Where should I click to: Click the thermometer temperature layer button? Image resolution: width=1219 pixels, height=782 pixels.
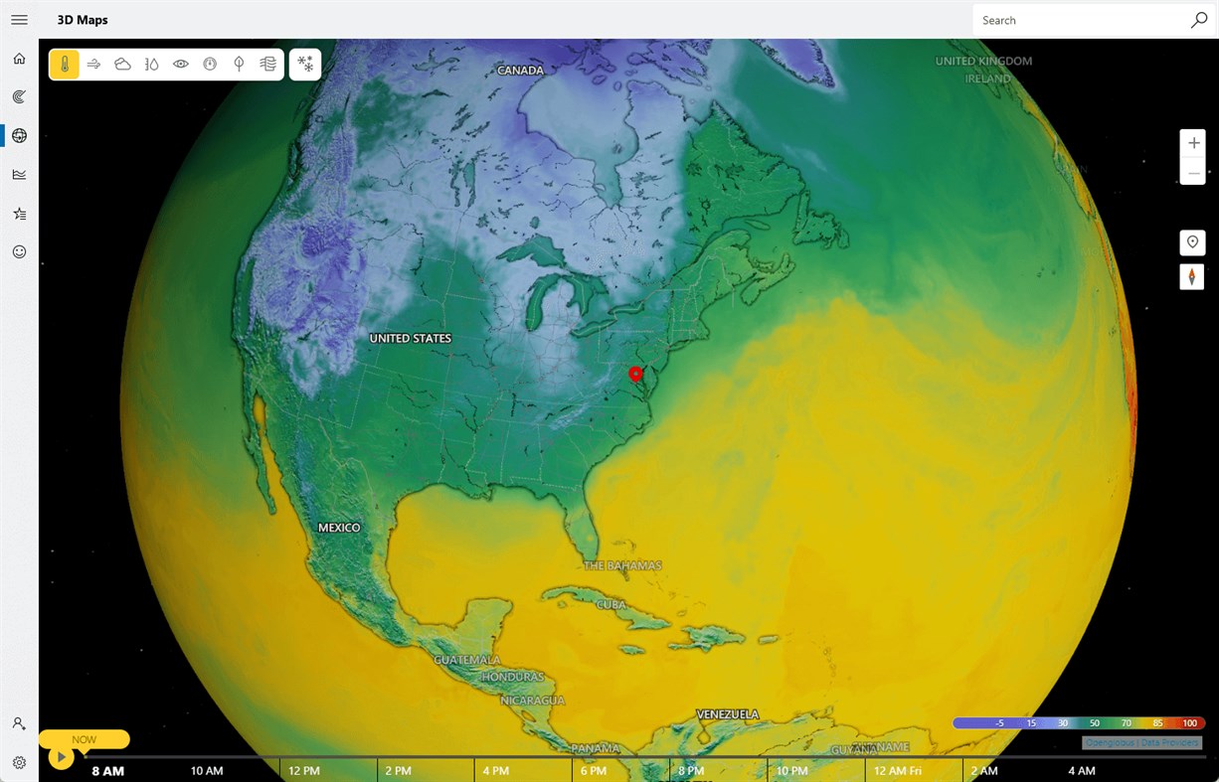[65, 65]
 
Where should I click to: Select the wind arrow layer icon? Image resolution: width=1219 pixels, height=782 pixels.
[93, 65]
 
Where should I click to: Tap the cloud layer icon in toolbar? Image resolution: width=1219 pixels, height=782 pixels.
[122, 65]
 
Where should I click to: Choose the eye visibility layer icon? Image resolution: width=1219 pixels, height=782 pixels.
[181, 65]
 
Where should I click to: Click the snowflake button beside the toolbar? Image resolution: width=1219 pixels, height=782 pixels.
[305, 65]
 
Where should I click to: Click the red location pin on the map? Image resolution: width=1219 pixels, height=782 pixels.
[636, 375]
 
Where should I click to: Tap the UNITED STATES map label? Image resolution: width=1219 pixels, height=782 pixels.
[410, 339]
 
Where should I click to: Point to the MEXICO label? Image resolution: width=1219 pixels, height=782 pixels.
[339, 528]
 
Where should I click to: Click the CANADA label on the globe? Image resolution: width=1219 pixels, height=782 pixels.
[520, 71]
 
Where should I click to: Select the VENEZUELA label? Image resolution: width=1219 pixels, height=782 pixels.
[727, 714]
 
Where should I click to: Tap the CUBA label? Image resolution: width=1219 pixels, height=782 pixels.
[611, 604]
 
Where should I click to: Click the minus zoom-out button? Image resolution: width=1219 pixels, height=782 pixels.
[1193, 172]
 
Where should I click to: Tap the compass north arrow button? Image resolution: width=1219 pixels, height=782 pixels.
[1192, 277]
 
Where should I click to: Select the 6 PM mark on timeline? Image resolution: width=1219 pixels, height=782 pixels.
[593, 771]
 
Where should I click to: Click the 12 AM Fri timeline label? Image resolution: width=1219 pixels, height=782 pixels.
[896, 771]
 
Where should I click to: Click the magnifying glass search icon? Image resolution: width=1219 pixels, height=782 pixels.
[1199, 20]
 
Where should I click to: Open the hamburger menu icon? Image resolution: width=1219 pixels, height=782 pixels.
[19, 20]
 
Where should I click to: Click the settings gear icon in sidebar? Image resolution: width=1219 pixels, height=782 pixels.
[19, 762]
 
